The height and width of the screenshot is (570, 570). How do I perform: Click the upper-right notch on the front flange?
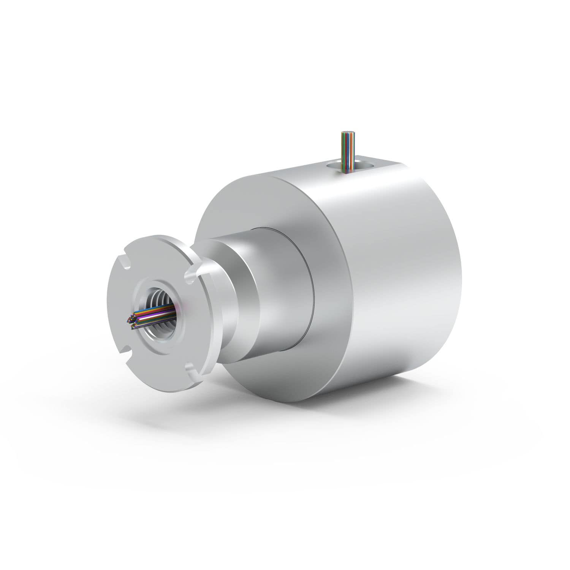[x=191, y=274]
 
